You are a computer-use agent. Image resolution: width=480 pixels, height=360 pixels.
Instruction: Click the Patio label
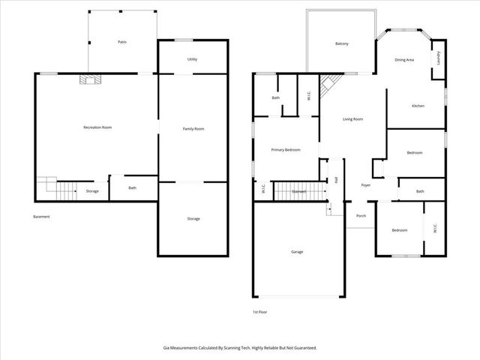(x=122, y=42)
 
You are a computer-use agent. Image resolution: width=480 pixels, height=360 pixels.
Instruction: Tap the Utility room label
(x=192, y=58)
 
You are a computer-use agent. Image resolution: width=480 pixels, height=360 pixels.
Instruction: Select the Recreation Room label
(x=97, y=127)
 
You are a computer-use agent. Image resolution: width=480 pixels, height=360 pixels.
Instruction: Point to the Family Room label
(x=193, y=129)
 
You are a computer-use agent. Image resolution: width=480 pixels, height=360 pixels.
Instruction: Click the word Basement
(x=42, y=217)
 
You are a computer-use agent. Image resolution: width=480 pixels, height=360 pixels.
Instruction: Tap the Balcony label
(x=341, y=44)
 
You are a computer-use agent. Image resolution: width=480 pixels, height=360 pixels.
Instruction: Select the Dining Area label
(x=405, y=59)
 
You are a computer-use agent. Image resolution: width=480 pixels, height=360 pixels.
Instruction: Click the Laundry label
(x=437, y=58)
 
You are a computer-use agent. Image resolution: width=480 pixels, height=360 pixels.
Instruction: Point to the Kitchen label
(x=418, y=106)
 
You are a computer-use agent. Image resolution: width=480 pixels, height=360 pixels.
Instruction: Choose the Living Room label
(x=353, y=119)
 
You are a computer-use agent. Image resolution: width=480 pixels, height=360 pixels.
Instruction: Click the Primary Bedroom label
(x=286, y=150)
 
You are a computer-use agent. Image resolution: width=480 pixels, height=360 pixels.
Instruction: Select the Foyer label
(x=366, y=184)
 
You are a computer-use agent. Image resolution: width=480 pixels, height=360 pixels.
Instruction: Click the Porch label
(x=361, y=215)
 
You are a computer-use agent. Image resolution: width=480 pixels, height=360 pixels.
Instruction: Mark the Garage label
(x=298, y=251)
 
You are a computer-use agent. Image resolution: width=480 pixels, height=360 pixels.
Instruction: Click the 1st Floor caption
(x=259, y=311)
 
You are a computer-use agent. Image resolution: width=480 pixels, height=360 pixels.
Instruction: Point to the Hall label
(x=336, y=180)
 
